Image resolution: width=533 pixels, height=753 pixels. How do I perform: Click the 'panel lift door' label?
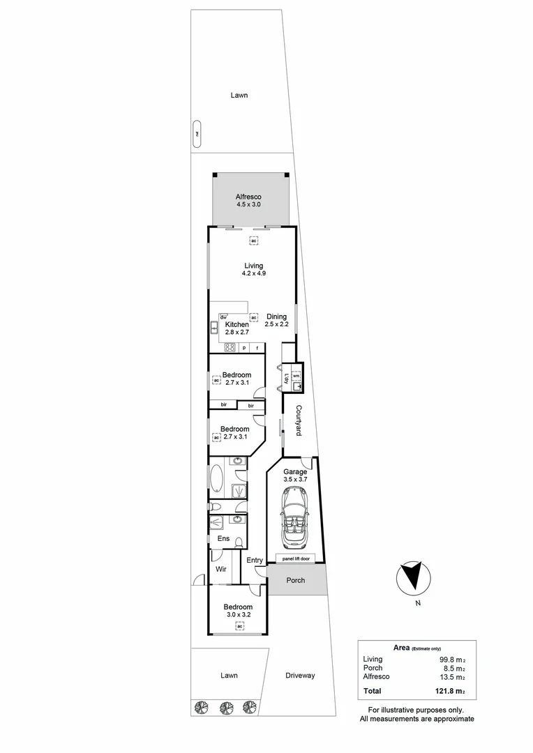click(x=296, y=558)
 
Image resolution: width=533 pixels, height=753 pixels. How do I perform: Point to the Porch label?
click(x=296, y=580)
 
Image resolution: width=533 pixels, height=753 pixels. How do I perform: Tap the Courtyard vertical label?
click(x=298, y=420)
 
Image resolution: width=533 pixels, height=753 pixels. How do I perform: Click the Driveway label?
click(x=300, y=675)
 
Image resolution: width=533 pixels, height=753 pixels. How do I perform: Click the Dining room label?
click(x=276, y=317)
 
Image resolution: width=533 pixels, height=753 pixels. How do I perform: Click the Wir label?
click(x=221, y=569)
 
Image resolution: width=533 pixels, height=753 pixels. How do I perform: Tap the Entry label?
click(x=255, y=561)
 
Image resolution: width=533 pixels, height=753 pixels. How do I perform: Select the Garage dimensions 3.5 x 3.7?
click(x=294, y=480)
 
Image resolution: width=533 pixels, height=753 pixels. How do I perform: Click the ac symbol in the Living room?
click(x=254, y=241)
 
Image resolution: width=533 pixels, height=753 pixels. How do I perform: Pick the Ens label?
click(x=223, y=539)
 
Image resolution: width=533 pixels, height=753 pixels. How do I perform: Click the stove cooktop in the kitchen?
click(x=230, y=348)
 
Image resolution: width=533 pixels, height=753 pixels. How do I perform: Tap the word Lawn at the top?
click(x=239, y=96)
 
